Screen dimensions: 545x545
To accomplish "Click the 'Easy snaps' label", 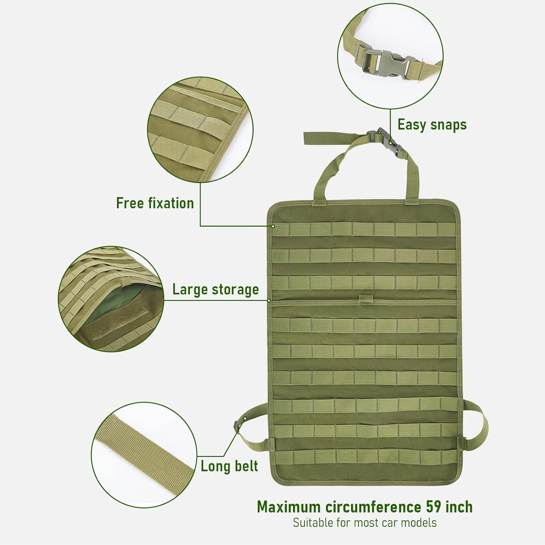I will tap(432, 125).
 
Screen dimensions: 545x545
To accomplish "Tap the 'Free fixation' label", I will tap(155, 203).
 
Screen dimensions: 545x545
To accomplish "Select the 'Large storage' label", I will tap(215, 290).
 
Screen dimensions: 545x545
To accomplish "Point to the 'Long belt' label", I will tap(229, 466).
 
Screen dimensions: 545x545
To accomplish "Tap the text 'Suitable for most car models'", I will tap(365, 523).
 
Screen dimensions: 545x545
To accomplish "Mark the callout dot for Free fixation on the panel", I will tap(273, 226).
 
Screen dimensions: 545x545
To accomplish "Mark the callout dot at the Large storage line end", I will tap(269, 301).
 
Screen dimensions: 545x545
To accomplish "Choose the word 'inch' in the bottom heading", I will tap(458, 507).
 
